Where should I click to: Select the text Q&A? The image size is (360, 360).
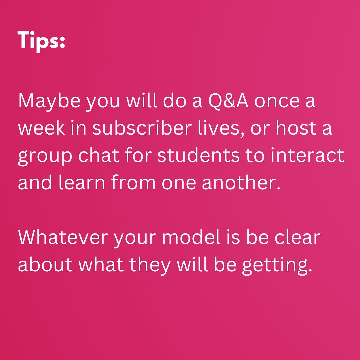(228, 101)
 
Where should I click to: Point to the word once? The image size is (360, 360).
(277, 102)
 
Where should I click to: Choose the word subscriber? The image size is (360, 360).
(142, 127)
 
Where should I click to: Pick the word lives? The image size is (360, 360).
(222, 128)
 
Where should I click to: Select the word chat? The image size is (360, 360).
(99, 155)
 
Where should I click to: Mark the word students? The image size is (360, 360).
(199, 155)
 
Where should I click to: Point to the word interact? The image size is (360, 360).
(307, 155)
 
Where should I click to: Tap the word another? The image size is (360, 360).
(241, 182)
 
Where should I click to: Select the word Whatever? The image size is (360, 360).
(63, 237)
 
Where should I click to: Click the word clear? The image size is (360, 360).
(298, 237)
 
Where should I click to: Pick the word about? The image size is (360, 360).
(45, 264)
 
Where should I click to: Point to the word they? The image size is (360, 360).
(150, 266)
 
